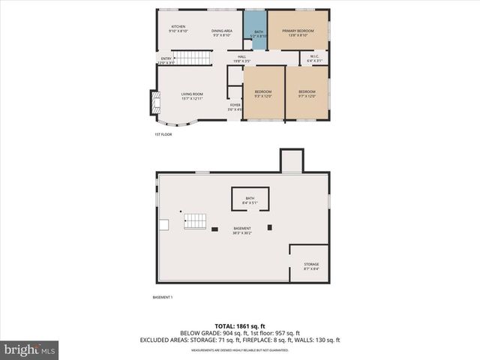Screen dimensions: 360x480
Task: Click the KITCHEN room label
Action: click(178, 28)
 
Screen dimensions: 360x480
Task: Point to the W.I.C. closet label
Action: click(315, 60)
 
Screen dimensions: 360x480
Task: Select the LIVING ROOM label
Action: click(191, 96)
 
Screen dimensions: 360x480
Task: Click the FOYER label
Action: click(235, 107)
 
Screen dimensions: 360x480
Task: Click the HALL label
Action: click(242, 58)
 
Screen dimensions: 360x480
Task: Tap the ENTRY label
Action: click(166, 61)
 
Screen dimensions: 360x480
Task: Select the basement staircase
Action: click(195, 220)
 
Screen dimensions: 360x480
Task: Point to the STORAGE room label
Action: click(310, 266)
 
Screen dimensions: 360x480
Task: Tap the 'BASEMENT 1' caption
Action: click(163, 298)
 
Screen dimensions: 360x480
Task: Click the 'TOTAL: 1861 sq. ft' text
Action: click(239, 326)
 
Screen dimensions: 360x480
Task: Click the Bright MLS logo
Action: click(30, 349)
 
